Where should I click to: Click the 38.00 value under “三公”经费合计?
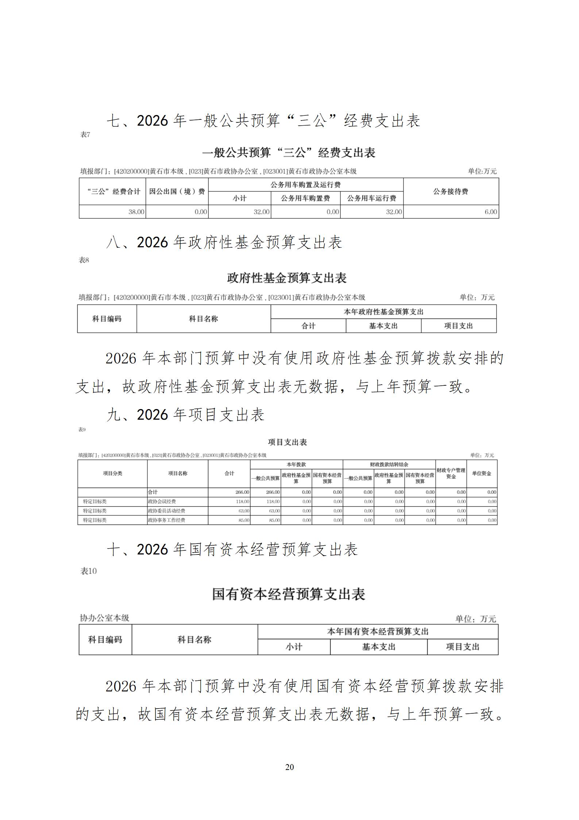pyautogui.click(x=136, y=212)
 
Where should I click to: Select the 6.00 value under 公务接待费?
pyautogui.click(x=491, y=212)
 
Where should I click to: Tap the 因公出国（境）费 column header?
pyautogui.click(x=177, y=191)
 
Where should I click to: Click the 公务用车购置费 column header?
pyautogui.click(x=305, y=198)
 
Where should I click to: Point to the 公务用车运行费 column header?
pyautogui.click(x=371, y=198)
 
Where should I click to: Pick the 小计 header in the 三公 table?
pyautogui.click(x=239, y=198)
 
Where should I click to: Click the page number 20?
pyautogui.click(x=289, y=767)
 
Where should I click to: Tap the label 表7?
pyautogui.click(x=85, y=135)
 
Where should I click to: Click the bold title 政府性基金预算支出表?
pyautogui.click(x=287, y=278)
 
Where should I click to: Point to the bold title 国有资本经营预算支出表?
pyautogui.click(x=289, y=594)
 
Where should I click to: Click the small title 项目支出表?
pyautogui.click(x=287, y=442)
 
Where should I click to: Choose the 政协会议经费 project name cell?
pyautogui.click(x=162, y=501)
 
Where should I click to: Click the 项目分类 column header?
pyautogui.click(x=112, y=473)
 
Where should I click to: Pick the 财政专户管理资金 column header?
pyautogui.click(x=451, y=473)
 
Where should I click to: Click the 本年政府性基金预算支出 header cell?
pyautogui.click(x=383, y=312)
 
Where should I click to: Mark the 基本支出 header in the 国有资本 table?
pyautogui.click(x=378, y=647)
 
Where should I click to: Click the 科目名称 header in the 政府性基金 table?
pyautogui.click(x=203, y=319)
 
